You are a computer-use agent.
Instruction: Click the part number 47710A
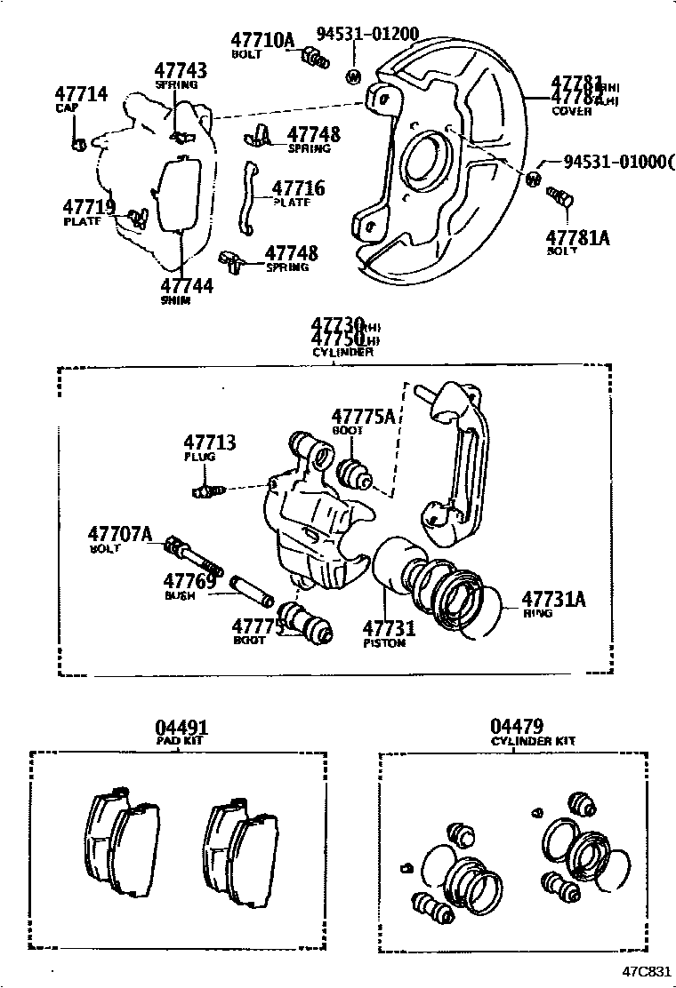tap(262, 40)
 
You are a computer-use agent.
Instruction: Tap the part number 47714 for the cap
tap(81, 94)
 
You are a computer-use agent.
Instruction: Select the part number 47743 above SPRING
tap(181, 71)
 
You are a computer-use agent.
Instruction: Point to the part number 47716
tap(298, 188)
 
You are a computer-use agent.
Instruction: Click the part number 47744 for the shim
tap(187, 286)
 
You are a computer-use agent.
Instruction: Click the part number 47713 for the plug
tap(210, 442)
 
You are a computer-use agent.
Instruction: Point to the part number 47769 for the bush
tap(189, 581)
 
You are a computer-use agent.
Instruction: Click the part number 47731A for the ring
tap(553, 599)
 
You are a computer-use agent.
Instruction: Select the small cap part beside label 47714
tap(79, 142)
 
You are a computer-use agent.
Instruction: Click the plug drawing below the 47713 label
tap(205, 490)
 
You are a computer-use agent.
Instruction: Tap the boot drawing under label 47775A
tap(358, 474)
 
